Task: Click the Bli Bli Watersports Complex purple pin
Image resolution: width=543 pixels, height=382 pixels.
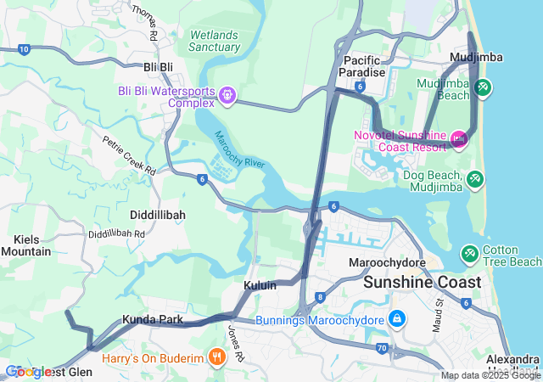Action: [227, 96]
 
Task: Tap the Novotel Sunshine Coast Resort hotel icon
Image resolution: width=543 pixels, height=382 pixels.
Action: [459, 138]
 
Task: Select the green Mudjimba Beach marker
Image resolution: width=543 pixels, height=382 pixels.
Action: [483, 87]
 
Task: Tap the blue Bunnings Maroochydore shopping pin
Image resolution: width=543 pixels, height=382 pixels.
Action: [395, 319]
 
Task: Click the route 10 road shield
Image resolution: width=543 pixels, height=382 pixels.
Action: [24, 50]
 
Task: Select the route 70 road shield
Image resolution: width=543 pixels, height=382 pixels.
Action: [382, 348]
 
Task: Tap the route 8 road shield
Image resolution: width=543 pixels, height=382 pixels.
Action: [320, 297]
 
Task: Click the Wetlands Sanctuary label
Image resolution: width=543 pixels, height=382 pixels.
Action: [215, 41]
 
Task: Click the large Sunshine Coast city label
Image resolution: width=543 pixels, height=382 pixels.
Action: [422, 282]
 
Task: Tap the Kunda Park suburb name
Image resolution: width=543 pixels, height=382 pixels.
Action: [153, 320]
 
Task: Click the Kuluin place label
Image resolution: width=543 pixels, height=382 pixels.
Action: [260, 286]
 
